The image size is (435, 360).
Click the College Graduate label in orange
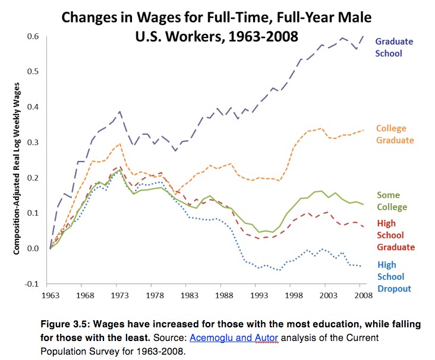395,134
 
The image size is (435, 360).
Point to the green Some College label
392,201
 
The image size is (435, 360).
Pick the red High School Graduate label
395,235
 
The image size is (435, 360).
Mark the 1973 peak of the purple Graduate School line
120,111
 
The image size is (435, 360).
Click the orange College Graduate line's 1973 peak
119,143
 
